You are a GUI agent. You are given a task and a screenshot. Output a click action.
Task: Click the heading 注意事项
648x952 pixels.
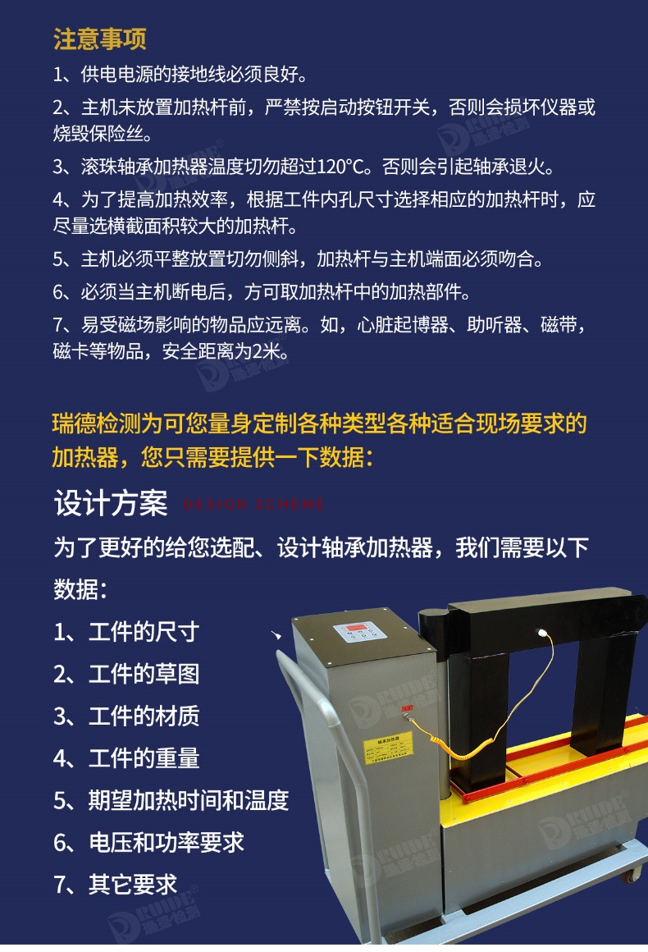point(99,39)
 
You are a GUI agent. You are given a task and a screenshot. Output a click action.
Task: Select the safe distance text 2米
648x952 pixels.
point(267,352)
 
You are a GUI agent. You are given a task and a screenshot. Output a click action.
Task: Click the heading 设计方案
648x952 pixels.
point(110,503)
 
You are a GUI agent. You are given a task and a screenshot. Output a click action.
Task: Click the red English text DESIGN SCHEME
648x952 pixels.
point(253,505)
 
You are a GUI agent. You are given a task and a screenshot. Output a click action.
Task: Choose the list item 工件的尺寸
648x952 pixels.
point(144,631)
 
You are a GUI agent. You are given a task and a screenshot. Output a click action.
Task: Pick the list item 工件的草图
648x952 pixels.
point(144,674)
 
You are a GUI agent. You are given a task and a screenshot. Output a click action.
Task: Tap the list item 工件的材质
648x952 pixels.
point(144,716)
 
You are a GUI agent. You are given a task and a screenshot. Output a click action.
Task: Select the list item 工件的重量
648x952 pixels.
point(144,757)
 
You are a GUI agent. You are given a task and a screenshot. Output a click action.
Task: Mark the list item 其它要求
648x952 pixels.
point(132,884)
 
